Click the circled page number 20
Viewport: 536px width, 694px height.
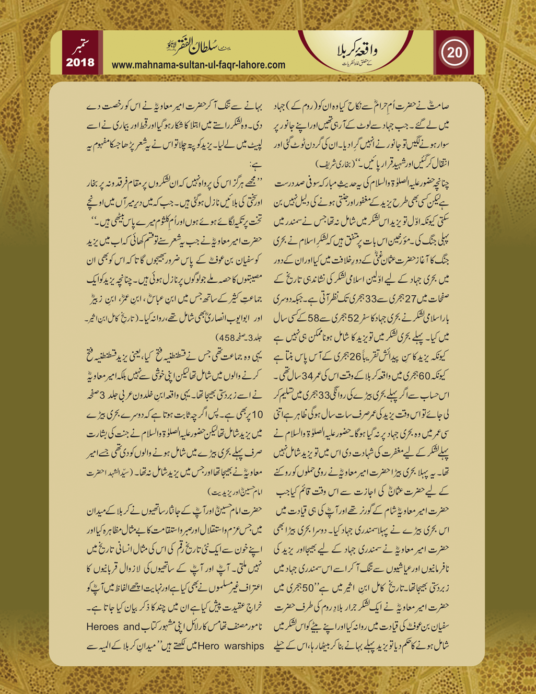tap(454, 52)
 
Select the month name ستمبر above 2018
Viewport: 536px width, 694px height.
tap(81, 45)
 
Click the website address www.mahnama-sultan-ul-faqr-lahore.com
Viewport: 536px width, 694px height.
tap(199, 65)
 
